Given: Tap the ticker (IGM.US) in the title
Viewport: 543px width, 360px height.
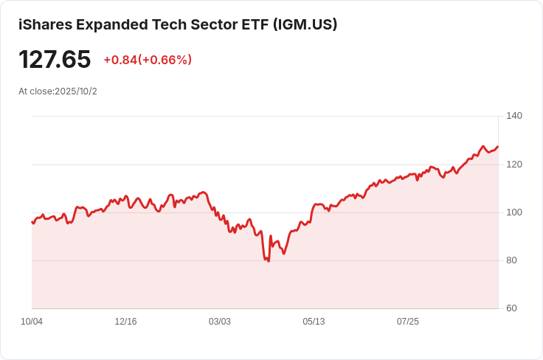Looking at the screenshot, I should click(305, 24).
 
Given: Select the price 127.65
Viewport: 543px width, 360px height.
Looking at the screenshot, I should click(55, 59).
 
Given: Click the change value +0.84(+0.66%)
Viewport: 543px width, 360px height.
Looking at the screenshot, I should click(148, 60).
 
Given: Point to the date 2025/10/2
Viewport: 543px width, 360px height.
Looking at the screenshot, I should click(76, 91).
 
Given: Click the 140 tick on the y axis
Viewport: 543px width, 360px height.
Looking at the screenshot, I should click(514, 116).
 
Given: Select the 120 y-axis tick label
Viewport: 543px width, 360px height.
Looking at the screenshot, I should click(514, 164).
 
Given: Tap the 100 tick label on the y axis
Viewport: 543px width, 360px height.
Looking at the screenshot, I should click(514, 212).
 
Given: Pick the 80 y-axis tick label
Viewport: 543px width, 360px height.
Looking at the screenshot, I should click(511, 260).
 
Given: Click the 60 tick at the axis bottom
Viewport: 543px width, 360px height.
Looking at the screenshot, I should click(511, 308).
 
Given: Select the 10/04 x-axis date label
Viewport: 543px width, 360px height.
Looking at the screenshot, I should click(32, 322).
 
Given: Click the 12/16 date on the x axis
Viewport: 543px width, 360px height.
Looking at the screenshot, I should click(125, 322).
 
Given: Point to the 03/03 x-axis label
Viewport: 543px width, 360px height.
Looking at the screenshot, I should click(220, 322).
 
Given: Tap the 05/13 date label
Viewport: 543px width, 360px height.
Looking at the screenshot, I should click(314, 322).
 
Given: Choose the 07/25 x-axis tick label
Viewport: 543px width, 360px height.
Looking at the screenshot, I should click(408, 322).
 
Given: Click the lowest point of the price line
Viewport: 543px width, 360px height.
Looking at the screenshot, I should click(268, 261).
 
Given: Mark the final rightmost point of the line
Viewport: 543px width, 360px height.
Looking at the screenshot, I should click(498, 146).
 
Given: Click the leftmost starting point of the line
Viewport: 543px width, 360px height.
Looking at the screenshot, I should click(32, 221).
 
